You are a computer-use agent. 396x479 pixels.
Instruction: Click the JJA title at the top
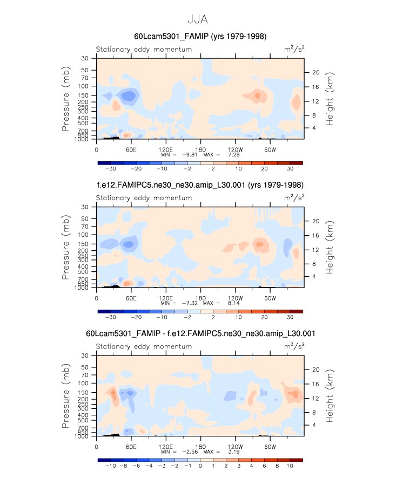click(x=198, y=19)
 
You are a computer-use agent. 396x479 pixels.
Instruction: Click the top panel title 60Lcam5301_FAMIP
click(x=200, y=36)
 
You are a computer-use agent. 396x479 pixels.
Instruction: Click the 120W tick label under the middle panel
click(x=234, y=298)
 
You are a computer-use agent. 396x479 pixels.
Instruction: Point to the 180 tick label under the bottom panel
click(x=200, y=447)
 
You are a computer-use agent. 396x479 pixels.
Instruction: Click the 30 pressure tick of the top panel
click(x=85, y=58)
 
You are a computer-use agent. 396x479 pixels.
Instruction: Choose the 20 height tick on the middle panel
click(x=316, y=221)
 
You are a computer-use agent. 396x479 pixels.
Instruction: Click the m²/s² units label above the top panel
click(x=294, y=50)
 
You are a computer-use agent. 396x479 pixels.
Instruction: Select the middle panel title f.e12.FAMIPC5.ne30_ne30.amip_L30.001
click(x=200, y=185)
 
